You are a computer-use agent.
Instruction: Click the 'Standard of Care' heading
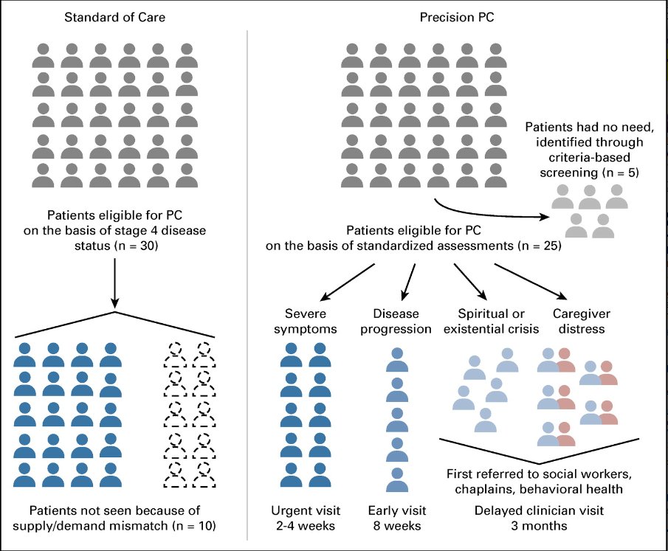[x=114, y=17]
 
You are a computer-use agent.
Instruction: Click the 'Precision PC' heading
[x=457, y=17]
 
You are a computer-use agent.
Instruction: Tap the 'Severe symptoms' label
[x=305, y=321]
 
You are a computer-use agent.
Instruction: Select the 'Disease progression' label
[x=396, y=321]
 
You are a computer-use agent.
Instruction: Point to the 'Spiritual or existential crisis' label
[x=491, y=321]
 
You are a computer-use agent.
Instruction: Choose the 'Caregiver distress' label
[x=582, y=321]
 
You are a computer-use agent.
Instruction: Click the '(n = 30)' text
[x=136, y=246]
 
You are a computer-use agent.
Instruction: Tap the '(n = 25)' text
[x=539, y=246]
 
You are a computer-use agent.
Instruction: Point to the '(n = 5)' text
[x=620, y=173]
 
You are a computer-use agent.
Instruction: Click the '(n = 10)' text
[x=193, y=526]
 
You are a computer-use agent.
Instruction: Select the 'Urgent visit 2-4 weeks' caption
[x=306, y=518]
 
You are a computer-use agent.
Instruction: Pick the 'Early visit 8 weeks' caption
[x=397, y=518]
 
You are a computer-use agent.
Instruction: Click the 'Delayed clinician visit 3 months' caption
[x=539, y=518]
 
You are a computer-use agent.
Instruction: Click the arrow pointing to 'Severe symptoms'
[x=347, y=283]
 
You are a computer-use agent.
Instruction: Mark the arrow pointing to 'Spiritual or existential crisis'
[x=470, y=282]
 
